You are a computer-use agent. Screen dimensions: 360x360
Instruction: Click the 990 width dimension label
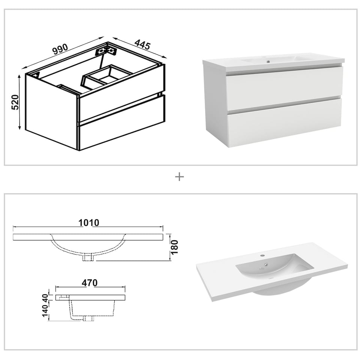pos(60,49)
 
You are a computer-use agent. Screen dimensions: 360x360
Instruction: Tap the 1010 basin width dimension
pos(89,222)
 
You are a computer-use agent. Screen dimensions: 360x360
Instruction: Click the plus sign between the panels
pos(180,177)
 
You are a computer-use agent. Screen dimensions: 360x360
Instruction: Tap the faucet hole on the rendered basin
pos(262,255)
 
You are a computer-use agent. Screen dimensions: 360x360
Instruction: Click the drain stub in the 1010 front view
pos(89,257)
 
